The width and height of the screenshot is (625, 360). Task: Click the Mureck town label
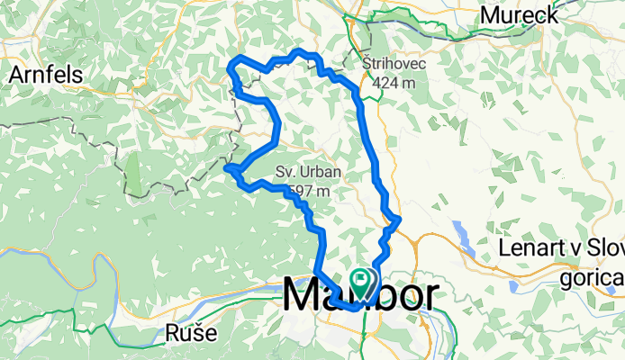click(x=519, y=15)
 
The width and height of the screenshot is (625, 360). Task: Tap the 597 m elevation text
click(x=309, y=190)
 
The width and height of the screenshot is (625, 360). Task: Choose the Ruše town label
click(x=192, y=333)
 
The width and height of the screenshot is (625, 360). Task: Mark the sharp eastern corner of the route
click(x=399, y=219)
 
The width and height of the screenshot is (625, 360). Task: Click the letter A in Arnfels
click(x=16, y=76)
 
